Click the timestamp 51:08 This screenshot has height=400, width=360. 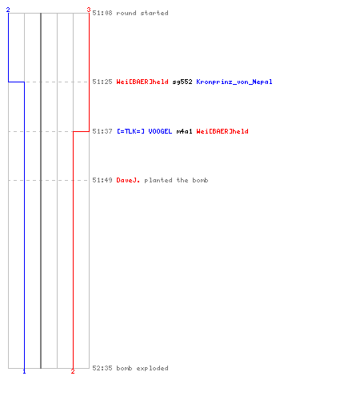pos(102,13)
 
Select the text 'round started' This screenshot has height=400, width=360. pos(142,13)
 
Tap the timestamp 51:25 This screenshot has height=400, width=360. pos(102,82)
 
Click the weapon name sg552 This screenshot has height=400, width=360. pos(182,82)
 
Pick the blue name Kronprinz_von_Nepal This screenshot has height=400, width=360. pos(234,82)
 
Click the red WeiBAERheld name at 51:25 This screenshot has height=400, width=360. pos(142,82)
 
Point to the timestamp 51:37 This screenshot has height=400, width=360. pos(102,131)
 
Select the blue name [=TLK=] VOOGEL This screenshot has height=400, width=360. pos(145,131)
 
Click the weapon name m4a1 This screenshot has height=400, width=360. pos(184,131)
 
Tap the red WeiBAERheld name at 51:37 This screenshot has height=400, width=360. pos(222,131)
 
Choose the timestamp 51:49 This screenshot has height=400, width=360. pos(102,180)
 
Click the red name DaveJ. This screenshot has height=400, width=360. pos(128,180)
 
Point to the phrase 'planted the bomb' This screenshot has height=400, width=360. pos(176,180)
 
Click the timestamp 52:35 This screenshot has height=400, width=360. pos(102,368)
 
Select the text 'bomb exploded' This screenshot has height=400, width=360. pos(142,368)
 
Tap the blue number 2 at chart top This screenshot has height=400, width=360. pos(8,10)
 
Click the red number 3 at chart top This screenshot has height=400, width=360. pos(89,10)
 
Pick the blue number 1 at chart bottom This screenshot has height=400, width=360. pos(24,371)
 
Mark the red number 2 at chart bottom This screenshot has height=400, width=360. pos(73,371)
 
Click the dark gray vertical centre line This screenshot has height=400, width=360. pos(41,190)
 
